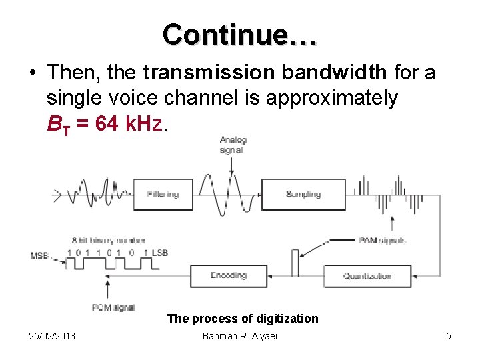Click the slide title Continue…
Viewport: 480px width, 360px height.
tap(240, 33)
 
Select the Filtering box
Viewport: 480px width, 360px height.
tap(163, 195)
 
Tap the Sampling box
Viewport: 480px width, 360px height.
tap(303, 195)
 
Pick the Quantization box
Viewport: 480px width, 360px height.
tap(367, 276)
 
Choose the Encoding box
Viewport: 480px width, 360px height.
tap(229, 275)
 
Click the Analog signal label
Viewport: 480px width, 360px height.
tap(233, 145)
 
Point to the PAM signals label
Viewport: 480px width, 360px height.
tap(382, 240)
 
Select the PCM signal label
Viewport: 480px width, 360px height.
tap(114, 307)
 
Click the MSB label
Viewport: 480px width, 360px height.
tap(39, 255)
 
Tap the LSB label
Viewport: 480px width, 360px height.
tap(159, 253)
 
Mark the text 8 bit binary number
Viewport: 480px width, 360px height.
tap(109, 240)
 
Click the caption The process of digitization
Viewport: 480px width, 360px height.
tap(243, 319)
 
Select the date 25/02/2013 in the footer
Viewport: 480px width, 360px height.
tap(53, 336)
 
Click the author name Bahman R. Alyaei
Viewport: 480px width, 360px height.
tap(240, 336)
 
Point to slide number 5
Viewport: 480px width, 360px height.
tap(448, 336)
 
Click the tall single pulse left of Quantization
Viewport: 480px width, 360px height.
tap(295, 263)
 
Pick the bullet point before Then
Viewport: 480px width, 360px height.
tap(33, 73)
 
